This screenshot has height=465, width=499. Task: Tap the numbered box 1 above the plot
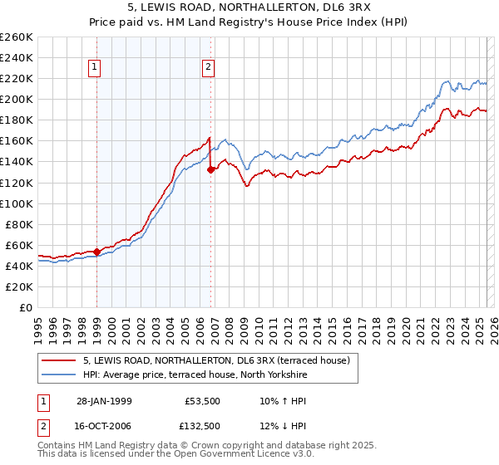96,68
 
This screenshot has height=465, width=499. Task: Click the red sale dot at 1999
96,252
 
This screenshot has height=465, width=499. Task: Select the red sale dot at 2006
210,169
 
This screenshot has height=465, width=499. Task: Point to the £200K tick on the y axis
17,99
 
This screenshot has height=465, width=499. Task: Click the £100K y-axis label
17,203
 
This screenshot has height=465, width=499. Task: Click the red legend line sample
59,360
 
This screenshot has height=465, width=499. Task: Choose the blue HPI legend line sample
59,375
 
